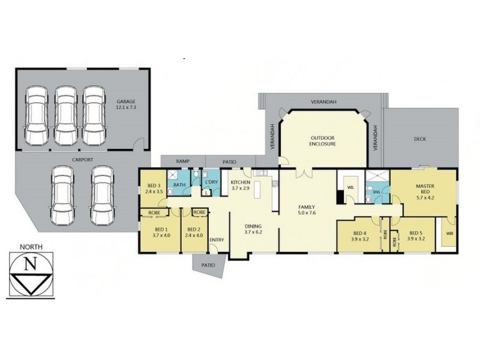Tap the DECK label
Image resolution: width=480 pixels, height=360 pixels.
point(420,139)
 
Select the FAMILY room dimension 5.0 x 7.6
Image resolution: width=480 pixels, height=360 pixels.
point(307,212)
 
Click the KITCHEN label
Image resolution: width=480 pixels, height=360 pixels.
point(241,182)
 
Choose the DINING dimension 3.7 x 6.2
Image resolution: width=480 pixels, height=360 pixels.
point(254,231)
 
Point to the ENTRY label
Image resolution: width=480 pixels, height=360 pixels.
point(217,240)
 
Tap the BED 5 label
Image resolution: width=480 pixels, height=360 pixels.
point(416,233)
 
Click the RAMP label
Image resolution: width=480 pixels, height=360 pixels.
point(182,161)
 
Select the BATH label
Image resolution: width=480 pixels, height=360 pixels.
point(179,185)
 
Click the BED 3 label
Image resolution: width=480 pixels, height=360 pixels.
point(154,185)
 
